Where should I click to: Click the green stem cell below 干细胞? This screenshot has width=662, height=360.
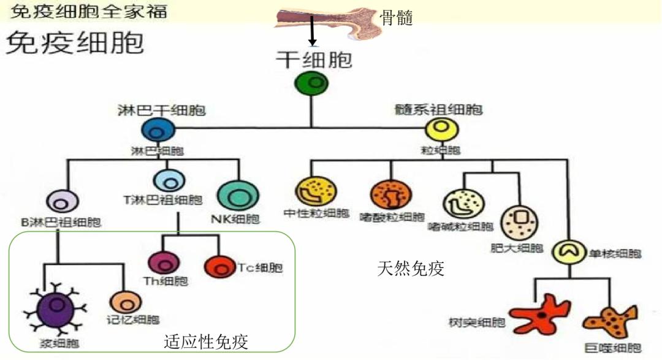pyautogui.click(x=311, y=83)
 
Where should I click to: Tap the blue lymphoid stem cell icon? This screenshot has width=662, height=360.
pyautogui.click(x=158, y=131)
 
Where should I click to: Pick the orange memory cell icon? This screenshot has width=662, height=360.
pyautogui.click(x=126, y=301)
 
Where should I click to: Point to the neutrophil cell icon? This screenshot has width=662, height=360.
pyautogui.click(x=311, y=192)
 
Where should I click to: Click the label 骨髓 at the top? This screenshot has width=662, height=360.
pyautogui.click(x=397, y=18)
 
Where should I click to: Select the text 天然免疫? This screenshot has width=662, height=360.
pyautogui.click(x=411, y=268)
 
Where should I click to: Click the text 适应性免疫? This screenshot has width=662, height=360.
pyautogui.click(x=207, y=342)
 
